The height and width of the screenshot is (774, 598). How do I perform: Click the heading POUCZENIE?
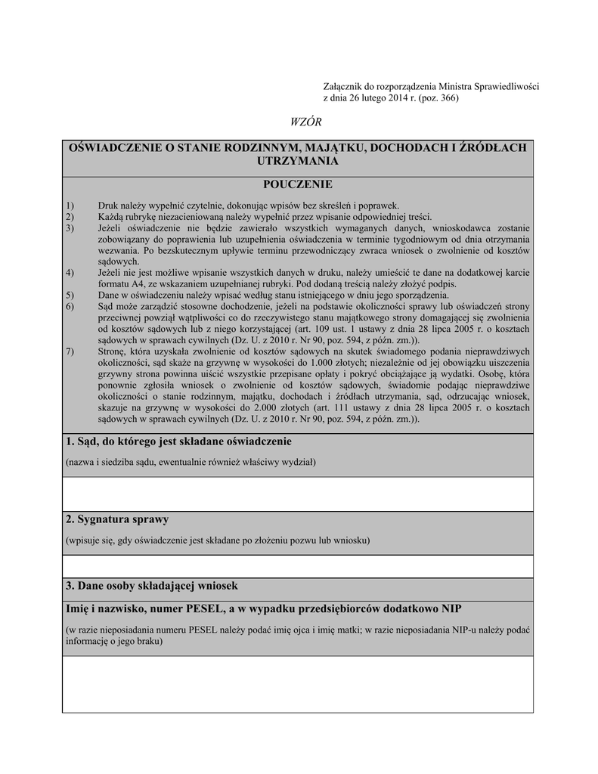tap(297, 184)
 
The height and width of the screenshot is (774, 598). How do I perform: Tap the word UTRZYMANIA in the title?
tap(297, 161)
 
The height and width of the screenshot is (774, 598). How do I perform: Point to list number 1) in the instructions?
tap(70, 206)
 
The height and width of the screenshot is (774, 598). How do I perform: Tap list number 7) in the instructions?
tap(70, 351)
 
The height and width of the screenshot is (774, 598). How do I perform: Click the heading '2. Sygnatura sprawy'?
tap(117, 519)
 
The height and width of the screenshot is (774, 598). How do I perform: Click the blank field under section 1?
tap(298, 494)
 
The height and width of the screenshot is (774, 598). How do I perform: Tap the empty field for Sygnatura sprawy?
tap(298, 566)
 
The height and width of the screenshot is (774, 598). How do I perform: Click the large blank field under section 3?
tap(298, 683)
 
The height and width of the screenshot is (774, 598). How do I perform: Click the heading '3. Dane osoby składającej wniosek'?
tap(152, 586)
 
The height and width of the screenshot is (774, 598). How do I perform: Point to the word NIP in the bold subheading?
tap(451, 609)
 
